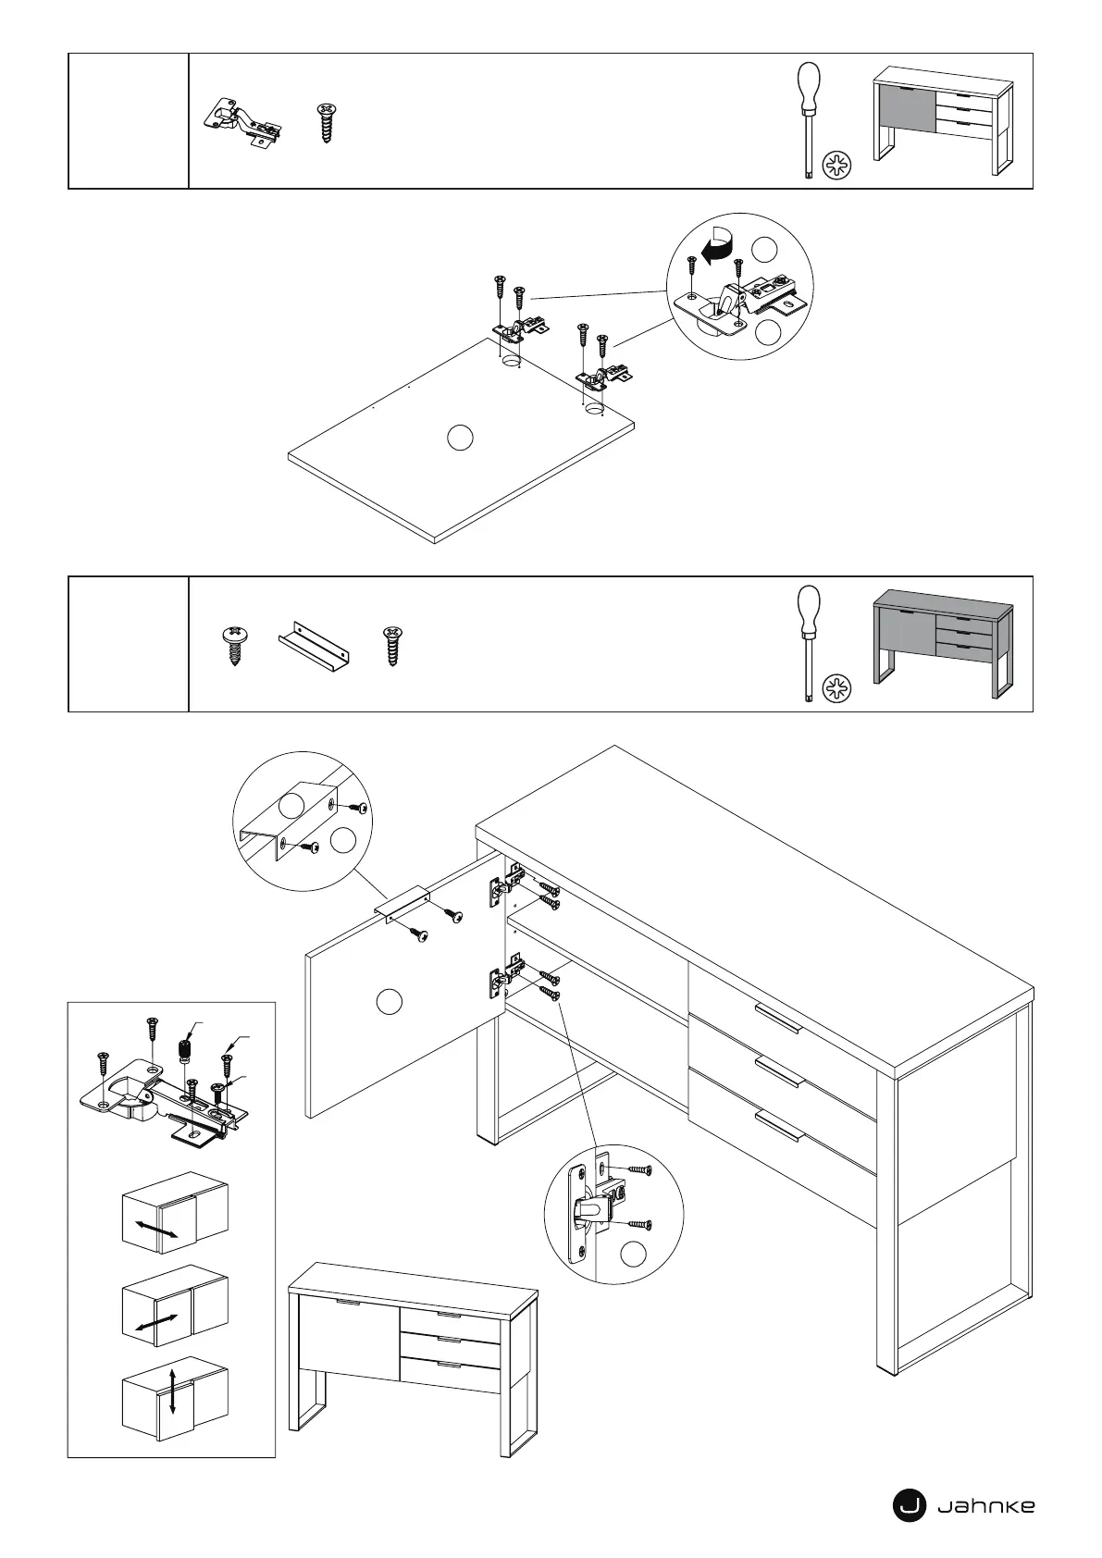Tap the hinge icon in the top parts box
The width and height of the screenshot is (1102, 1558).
pos(241,122)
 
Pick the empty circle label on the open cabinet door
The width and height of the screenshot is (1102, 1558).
pos(390,1001)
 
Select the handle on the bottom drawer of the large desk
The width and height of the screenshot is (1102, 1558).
pos(779,1122)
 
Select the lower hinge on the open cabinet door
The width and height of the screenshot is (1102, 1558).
pos(502,980)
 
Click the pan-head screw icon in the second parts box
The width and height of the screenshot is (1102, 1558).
pos(235,646)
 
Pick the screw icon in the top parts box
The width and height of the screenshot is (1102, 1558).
pos(326,121)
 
